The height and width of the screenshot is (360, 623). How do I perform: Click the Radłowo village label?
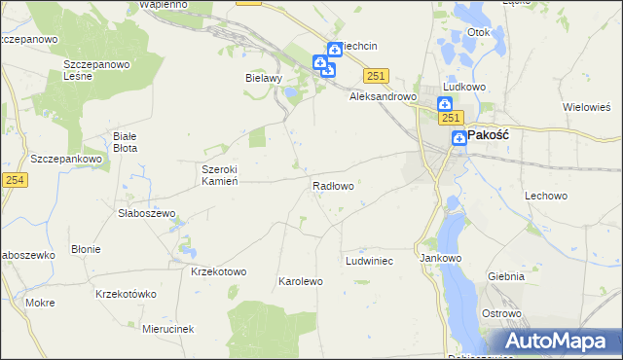click(x=333, y=185)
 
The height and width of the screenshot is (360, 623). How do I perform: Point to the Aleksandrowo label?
click(x=384, y=97)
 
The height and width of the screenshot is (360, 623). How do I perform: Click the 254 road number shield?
click(x=14, y=179)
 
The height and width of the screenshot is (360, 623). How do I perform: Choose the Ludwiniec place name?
click(x=369, y=262)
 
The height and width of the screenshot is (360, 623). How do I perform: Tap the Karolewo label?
click(x=300, y=281)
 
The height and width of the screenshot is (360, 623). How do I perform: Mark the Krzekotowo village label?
click(x=219, y=271)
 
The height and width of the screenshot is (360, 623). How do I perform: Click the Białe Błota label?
click(x=126, y=142)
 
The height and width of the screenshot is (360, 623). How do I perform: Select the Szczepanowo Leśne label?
click(x=96, y=70)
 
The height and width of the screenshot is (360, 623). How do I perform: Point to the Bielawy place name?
click(x=263, y=77)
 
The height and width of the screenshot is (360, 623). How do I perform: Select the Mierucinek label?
click(x=167, y=329)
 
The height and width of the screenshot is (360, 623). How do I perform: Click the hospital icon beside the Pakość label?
click(x=458, y=139)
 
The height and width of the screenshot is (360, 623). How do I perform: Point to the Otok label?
click(x=478, y=32)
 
